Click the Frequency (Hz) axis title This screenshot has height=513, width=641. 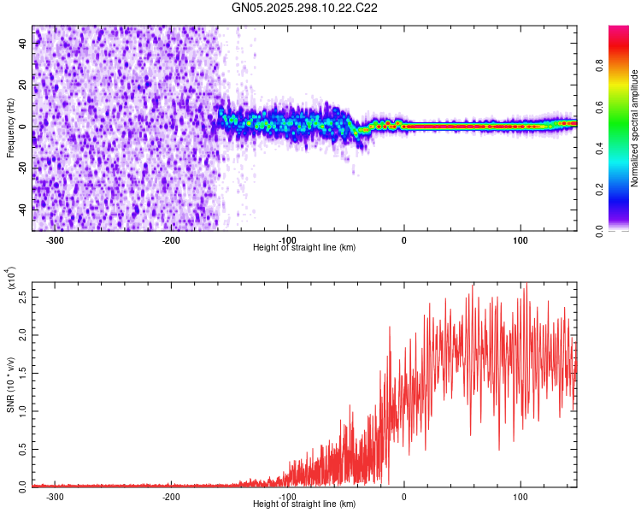[11, 128]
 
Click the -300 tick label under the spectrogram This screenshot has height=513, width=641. [56, 240]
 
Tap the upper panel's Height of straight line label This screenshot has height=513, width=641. [304, 248]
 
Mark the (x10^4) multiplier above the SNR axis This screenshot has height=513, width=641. [11, 278]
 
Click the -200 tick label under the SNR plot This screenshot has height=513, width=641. [171, 497]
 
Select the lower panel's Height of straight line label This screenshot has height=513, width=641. [304, 504]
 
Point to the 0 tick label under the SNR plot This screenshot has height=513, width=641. [404, 497]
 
